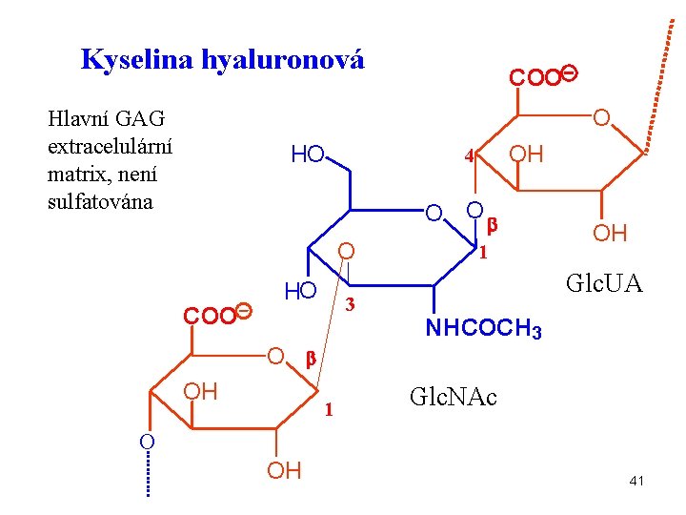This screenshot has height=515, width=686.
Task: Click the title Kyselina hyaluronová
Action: pyautogui.click(x=223, y=60)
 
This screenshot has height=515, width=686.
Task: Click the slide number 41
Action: pyautogui.click(x=636, y=481)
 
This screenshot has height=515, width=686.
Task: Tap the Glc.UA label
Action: pyautogui.click(x=603, y=283)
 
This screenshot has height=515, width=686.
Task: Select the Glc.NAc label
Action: pyautogui.click(x=453, y=396)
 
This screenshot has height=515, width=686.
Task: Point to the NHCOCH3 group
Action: pyautogui.click(x=483, y=330)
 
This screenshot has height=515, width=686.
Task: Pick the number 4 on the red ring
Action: pyautogui.click(x=468, y=154)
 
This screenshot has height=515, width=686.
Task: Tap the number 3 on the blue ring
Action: pyautogui.click(x=350, y=305)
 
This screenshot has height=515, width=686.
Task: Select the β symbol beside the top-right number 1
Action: pyautogui.click(x=493, y=225)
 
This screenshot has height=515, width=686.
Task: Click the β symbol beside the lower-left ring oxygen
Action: pyautogui.click(x=310, y=359)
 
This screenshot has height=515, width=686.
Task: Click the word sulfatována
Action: pyautogui.click(x=100, y=201)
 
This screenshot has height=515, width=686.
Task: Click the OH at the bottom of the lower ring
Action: pyautogui.click(x=284, y=470)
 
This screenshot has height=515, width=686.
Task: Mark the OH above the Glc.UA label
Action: pyautogui.click(x=610, y=234)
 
